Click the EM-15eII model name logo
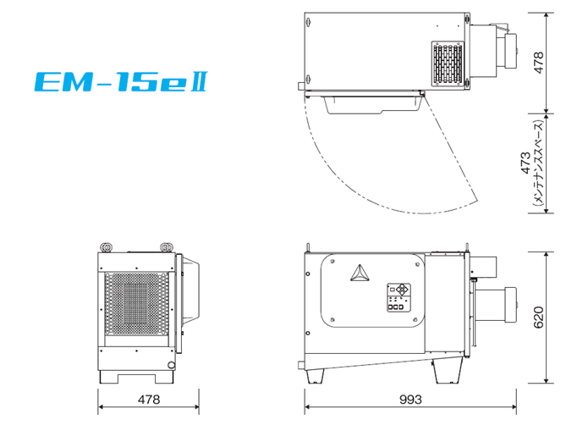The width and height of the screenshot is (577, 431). tap(121, 81)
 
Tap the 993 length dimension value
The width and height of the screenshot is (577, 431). tap(410, 400)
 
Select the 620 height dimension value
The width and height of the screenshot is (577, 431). tap(538, 318)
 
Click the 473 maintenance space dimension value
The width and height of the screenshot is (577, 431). tap(526, 163)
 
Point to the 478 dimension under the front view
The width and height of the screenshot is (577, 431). tap(149, 400)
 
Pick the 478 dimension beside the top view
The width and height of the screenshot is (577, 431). tap(538, 63)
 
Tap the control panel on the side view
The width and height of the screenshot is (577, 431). tap(398, 298)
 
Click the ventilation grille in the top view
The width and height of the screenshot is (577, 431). tap(448, 64)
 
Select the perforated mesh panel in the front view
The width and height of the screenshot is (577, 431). tap(136, 304)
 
